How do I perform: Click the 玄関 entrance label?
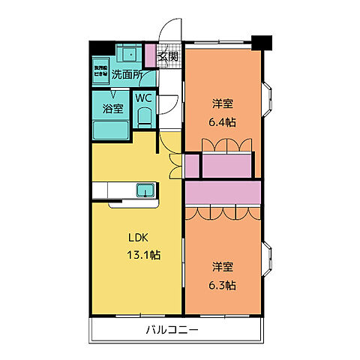(169, 56)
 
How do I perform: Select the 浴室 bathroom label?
(112, 107)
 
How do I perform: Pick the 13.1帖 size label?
(142, 255)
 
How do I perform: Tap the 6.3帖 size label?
(223, 285)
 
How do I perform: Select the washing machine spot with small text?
(100, 72)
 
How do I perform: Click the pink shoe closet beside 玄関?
(150, 55)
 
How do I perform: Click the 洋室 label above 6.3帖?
(222, 267)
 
